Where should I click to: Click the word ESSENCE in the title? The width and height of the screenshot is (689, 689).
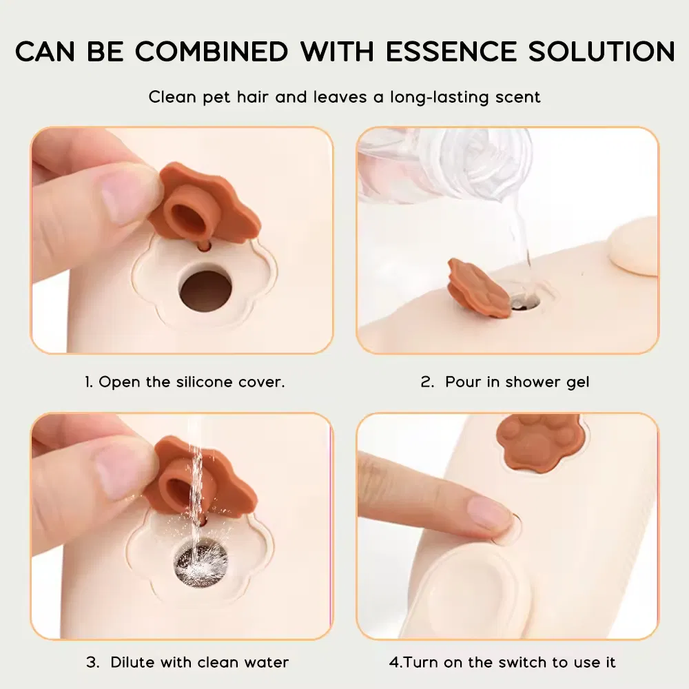click(452, 51)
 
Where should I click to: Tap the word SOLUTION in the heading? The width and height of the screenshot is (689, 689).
click(601, 51)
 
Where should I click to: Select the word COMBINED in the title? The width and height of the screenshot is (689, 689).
click(212, 51)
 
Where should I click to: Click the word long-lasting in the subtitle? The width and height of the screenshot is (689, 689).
click(440, 98)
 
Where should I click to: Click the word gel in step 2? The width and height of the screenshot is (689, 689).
click(577, 382)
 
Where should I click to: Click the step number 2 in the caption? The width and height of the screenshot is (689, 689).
click(426, 382)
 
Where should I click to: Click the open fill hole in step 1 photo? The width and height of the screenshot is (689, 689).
click(205, 291)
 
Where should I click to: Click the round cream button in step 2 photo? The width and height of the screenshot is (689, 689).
click(633, 247)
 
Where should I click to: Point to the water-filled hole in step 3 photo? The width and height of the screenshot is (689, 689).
click(201, 564)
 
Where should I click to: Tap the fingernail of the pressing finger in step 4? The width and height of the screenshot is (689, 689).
click(489, 511)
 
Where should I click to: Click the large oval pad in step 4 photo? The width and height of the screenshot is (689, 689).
click(469, 590)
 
